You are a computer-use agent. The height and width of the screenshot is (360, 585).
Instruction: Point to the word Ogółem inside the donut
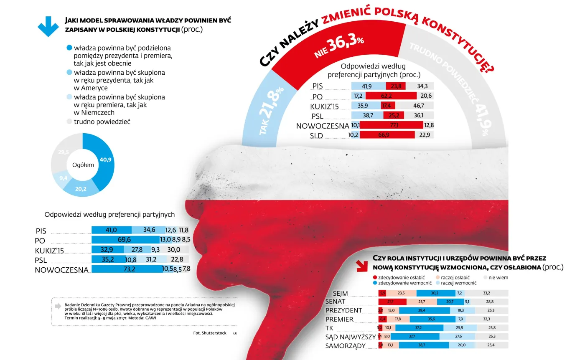point(83,165)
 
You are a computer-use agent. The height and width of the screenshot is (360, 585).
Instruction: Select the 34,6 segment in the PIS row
point(148,230)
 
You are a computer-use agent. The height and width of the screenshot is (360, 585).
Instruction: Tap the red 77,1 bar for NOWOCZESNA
point(392,125)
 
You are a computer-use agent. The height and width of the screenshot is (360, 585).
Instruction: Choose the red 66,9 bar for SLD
point(387,134)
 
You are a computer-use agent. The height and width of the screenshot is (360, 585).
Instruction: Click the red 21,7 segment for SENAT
point(392,302)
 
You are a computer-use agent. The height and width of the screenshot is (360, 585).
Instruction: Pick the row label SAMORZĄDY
point(346,346)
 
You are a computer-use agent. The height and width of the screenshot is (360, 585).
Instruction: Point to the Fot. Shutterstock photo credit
point(210,333)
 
